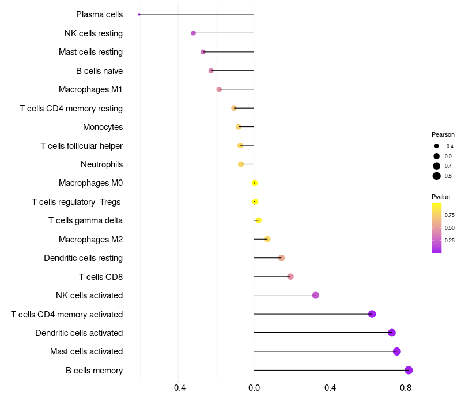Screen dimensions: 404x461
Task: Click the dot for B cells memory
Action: (x=409, y=370)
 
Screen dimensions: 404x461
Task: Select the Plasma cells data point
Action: (x=139, y=14)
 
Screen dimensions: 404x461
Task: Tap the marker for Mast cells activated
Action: (x=396, y=351)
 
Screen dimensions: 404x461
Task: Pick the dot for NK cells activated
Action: (x=315, y=295)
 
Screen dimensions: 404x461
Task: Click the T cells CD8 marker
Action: (x=290, y=276)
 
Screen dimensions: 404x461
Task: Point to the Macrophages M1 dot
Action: (x=219, y=89)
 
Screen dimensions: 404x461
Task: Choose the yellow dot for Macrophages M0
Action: (x=255, y=183)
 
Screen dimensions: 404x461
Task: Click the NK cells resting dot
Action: (x=194, y=33)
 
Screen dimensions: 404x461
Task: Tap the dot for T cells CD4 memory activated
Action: (x=372, y=314)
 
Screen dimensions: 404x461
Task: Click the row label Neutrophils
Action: (x=101, y=164)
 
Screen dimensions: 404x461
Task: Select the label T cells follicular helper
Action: (x=81, y=146)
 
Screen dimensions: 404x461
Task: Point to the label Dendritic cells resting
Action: (x=83, y=258)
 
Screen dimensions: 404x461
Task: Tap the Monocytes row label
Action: (x=103, y=127)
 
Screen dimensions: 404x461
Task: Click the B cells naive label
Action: (x=99, y=71)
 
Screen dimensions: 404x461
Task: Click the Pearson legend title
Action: (x=443, y=134)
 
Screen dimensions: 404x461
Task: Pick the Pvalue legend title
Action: (x=441, y=197)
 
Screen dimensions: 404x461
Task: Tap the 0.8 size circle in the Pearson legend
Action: (x=437, y=176)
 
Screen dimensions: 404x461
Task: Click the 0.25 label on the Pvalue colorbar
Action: (x=449, y=241)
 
